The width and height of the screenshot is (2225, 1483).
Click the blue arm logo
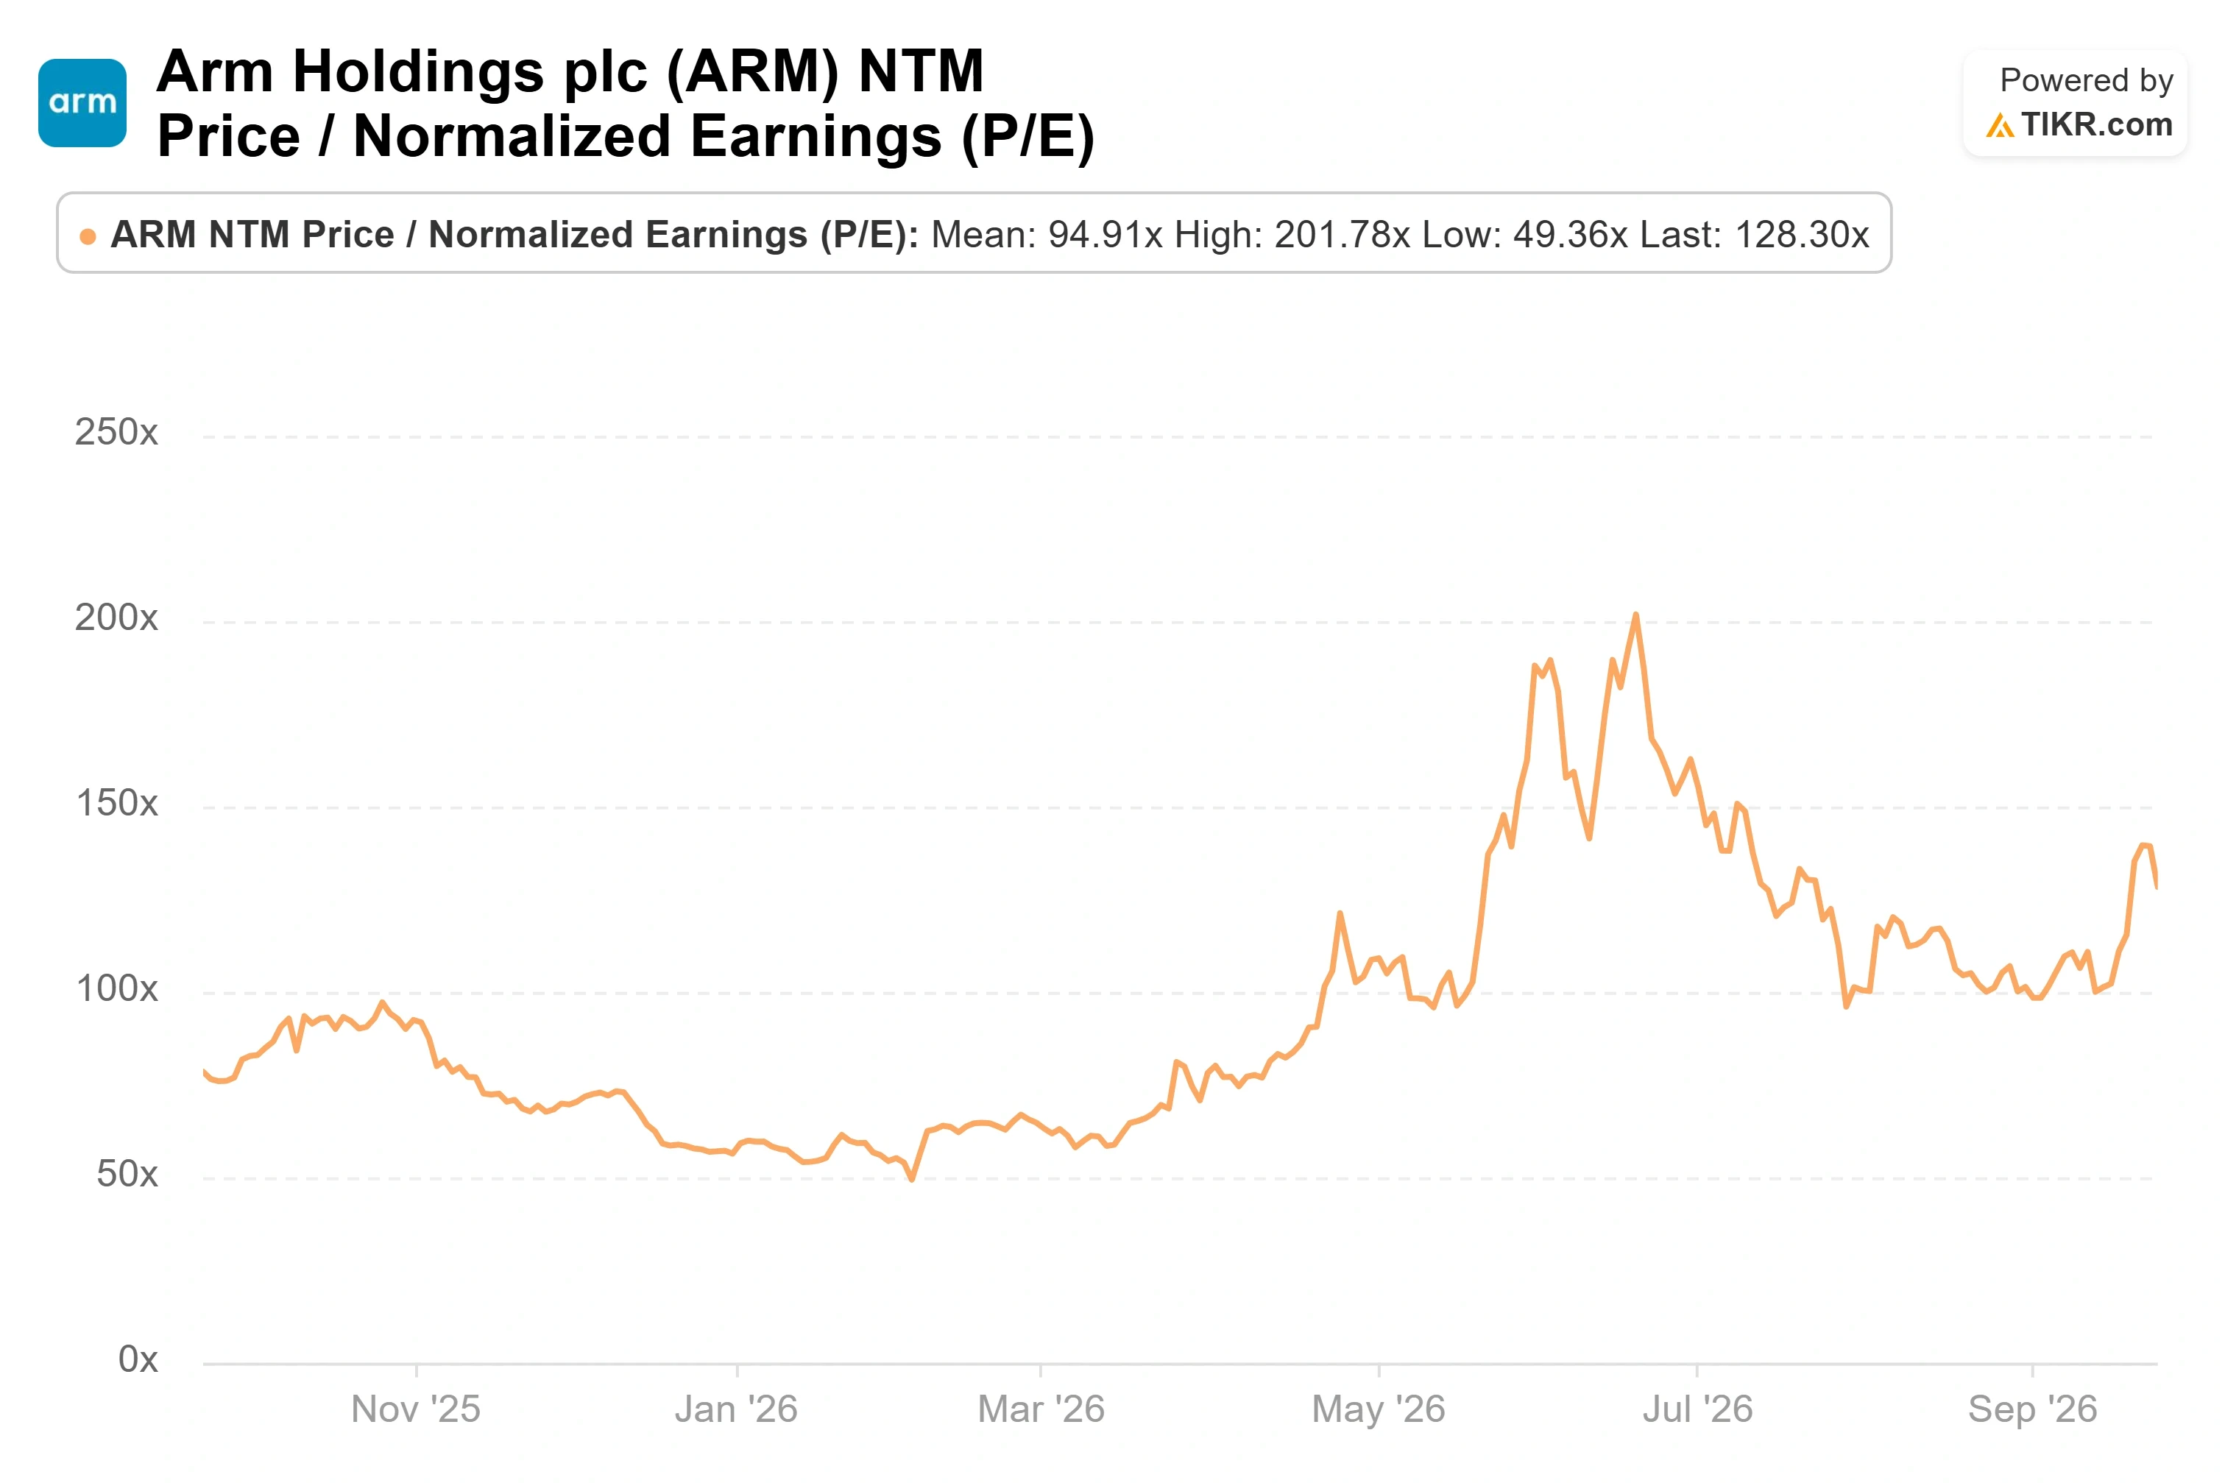click(82, 103)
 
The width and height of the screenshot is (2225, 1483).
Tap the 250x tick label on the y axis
click(116, 432)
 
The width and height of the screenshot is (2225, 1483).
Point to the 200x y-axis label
click(116, 617)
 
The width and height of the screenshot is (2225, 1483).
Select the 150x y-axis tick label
click(116, 803)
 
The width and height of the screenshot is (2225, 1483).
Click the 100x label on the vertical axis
click(116, 988)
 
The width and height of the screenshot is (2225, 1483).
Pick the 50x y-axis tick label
click(127, 1174)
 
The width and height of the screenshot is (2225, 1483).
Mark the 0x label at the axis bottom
click(138, 1359)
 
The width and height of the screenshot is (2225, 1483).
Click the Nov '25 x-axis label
click(416, 1409)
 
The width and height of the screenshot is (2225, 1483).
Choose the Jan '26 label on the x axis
click(736, 1409)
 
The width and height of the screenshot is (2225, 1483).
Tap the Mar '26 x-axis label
click(1041, 1409)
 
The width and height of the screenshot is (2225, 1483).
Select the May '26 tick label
click(1379, 1409)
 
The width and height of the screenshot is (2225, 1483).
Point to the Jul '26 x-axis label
click(1697, 1409)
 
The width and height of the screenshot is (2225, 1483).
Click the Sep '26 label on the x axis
click(2032, 1409)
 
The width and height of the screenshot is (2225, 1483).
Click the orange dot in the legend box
click(88, 236)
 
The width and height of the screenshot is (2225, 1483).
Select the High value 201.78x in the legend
click(1342, 235)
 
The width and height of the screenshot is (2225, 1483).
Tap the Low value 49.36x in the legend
click(1571, 235)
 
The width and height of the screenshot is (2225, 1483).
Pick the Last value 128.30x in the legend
click(1801, 235)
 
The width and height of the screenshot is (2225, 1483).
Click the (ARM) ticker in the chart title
click(753, 72)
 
